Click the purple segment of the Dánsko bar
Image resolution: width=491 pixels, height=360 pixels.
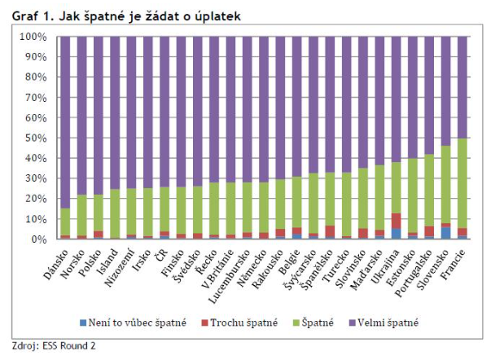click(64, 122)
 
